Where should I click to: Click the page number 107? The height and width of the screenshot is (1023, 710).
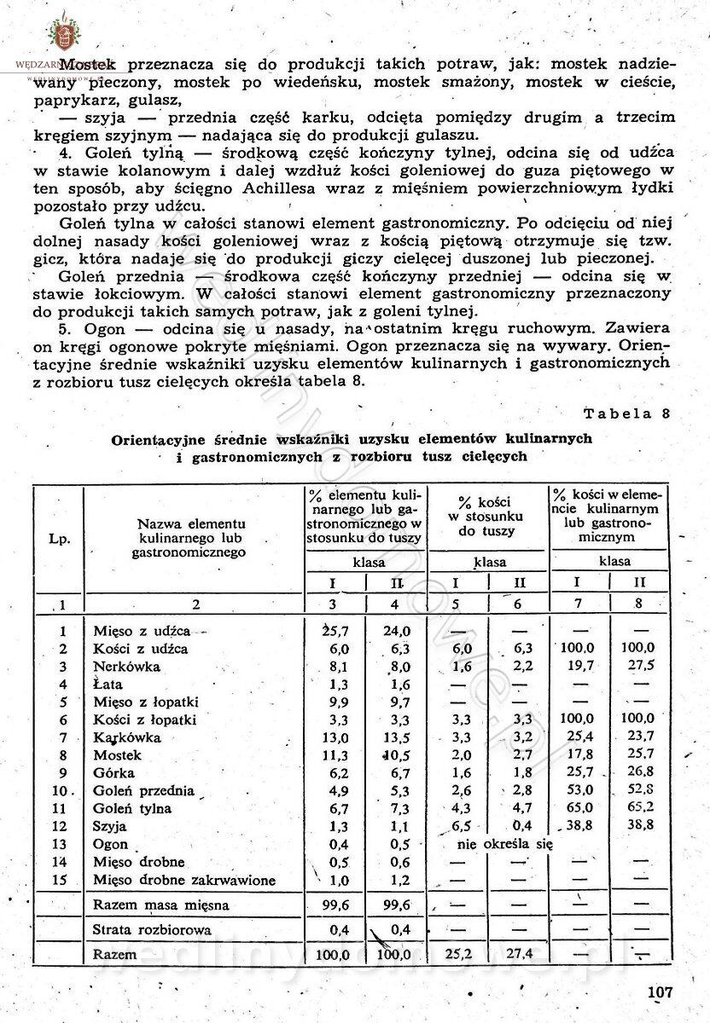[x=661, y=992]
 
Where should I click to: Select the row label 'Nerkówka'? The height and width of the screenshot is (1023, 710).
[x=126, y=667]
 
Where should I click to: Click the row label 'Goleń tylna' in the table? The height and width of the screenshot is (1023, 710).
[x=133, y=808]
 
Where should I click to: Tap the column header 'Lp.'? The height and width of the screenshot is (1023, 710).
[x=59, y=538]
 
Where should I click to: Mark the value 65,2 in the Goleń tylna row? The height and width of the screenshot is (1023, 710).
[x=640, y=808]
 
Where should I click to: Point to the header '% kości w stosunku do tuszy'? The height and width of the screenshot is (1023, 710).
[x=488, y=516]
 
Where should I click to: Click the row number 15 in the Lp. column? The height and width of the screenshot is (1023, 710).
[x=61, y=880]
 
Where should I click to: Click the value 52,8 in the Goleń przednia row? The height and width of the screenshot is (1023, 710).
[x=640, y=790]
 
